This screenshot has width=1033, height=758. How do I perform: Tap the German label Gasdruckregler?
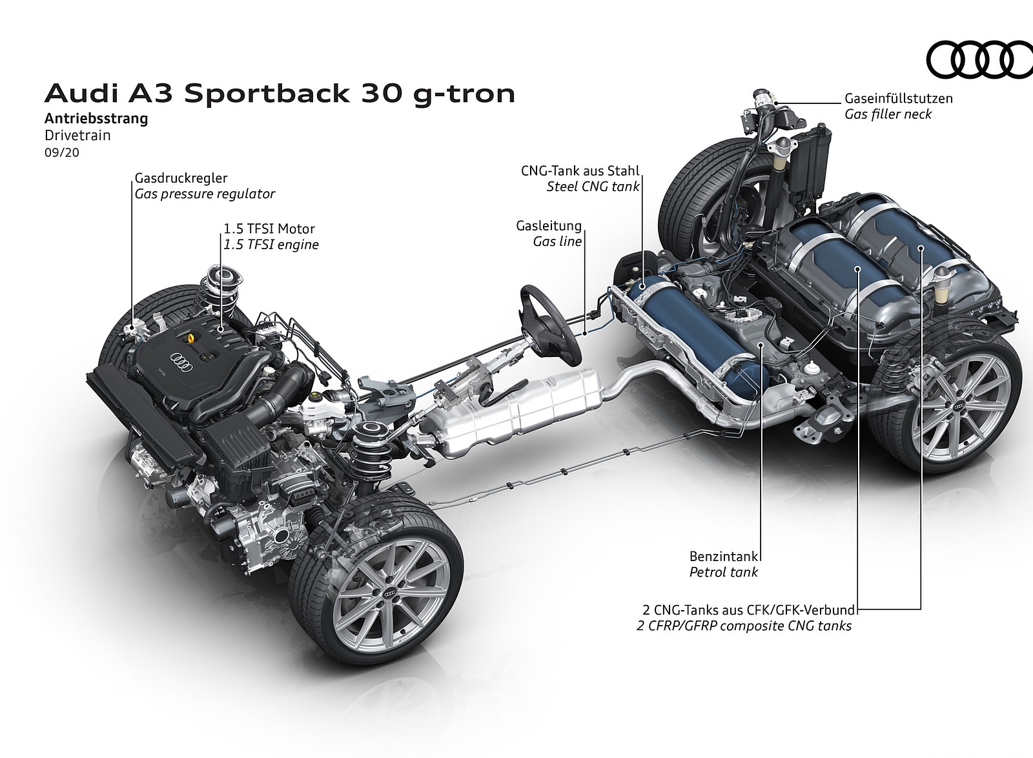click(x=181, y=178)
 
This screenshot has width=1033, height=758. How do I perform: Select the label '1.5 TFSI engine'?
click(x=271, y=245)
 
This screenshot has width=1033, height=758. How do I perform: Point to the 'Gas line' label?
click(x=557, y=241)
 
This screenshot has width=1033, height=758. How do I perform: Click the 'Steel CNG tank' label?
click(x=593, y=187)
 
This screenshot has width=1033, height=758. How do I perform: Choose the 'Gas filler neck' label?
click(x=888, y=114)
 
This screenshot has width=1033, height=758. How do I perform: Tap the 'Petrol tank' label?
click(x=724, y=571)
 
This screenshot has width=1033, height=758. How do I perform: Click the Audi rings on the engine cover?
click(x=181, y=360)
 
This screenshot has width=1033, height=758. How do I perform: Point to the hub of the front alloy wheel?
click(x=389, y=594)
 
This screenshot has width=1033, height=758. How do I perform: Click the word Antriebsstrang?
click(x=96, y=119)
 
